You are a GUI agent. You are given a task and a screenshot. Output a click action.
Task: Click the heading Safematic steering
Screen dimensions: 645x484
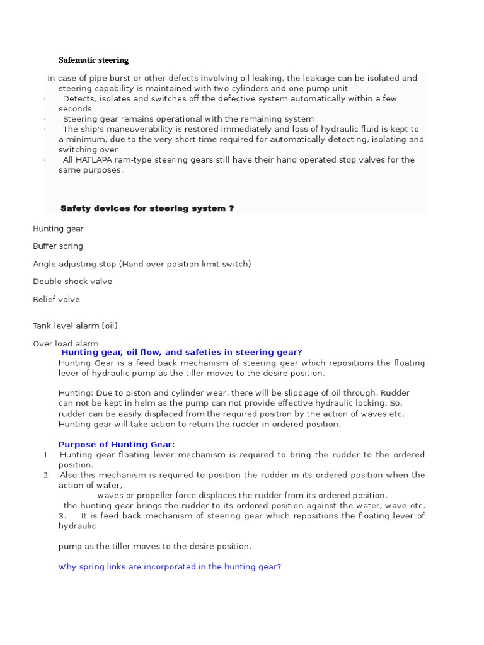tap(93, 60)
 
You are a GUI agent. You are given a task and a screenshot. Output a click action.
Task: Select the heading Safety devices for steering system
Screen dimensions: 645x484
tap(147, 208)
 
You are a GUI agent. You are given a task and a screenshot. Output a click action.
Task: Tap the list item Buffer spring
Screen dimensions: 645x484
tap(58, 246)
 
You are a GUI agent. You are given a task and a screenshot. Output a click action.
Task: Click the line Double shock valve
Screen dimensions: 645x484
tap(72, 282)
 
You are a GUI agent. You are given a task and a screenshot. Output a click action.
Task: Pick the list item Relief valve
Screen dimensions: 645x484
tap(56, 299)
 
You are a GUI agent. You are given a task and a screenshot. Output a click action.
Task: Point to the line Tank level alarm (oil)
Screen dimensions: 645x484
tap(75, 326)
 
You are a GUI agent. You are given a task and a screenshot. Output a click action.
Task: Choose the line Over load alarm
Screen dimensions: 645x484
tap(66, 343)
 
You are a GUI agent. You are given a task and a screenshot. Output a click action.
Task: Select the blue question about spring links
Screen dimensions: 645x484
tap(170, 567)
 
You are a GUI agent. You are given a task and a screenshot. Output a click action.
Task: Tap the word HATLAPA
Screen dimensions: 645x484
tap(95, 160)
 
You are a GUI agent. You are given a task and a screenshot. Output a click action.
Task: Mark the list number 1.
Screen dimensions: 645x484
tap(46, 455)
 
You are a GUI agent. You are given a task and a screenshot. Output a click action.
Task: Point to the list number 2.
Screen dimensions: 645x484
tap(46, 475)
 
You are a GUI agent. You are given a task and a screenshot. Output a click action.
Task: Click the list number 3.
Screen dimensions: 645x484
tap(61, 516)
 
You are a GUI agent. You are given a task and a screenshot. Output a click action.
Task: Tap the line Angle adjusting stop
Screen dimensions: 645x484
tap(142, 264)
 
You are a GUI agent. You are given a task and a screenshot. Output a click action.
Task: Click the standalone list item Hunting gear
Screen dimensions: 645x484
tap(58, 229)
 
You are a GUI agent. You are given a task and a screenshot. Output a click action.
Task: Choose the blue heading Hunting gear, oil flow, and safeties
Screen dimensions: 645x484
tap(181, 353)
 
